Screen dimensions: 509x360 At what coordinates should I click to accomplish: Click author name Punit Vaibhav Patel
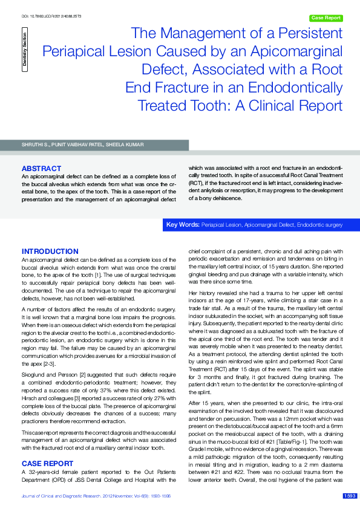pos(77,145)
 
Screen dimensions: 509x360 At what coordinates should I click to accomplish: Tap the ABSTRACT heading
pos(41,168)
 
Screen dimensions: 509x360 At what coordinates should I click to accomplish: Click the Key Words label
pos(183,224)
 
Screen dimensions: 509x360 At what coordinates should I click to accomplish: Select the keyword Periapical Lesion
pos(221,224)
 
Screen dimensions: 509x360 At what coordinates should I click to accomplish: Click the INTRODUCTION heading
pos(50,251)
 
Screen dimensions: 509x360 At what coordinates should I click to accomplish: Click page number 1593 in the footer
pos(350,496)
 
